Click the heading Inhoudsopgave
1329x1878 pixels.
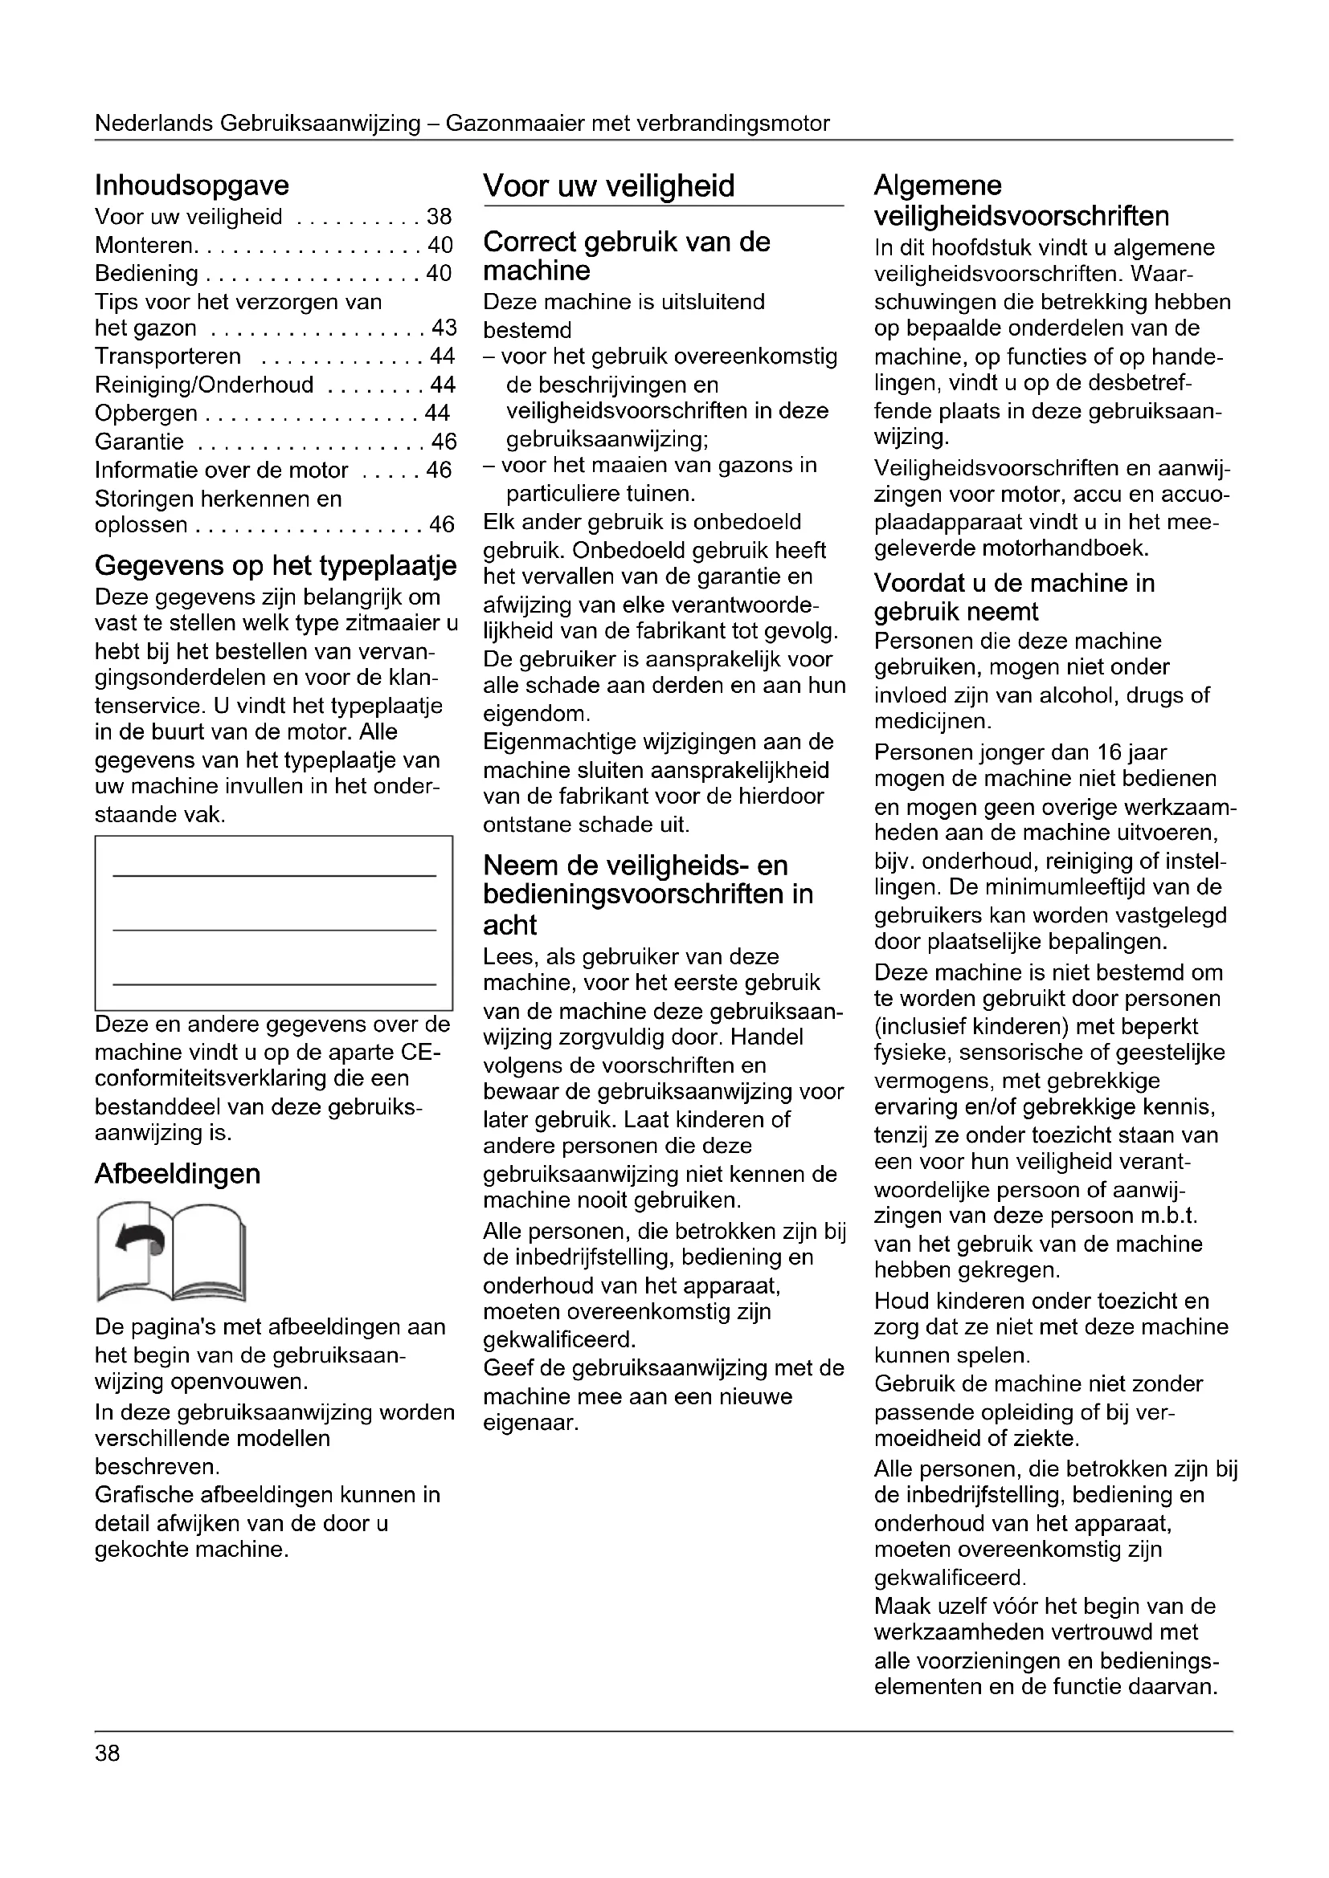pyautogui.click(x=191, y=185)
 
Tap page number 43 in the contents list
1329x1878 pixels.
pyautogui.click(x=444, y=329)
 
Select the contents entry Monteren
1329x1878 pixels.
pyautogui.click(x=144, y=246)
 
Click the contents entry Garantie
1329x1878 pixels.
pyautogui.click(x=139, y=442)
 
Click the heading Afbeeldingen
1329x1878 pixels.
pyautogui.click(x=178, y=1174)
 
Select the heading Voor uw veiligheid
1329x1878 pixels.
pyautogui.click(x=609, y=186)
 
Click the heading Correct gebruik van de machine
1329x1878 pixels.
pyautogui.click(x=626, y=256)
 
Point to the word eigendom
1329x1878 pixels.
pyautogui.click(x=535, y=714)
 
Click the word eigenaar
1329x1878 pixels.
pyautogui.click(x=530, y=1424)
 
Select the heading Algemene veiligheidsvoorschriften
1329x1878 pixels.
pyautogui.click(x=1021, y=202)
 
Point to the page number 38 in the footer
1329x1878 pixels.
pyautogui.click(x=107, y=1754)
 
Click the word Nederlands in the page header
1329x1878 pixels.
pyautogui.click(x=153, y=124)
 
